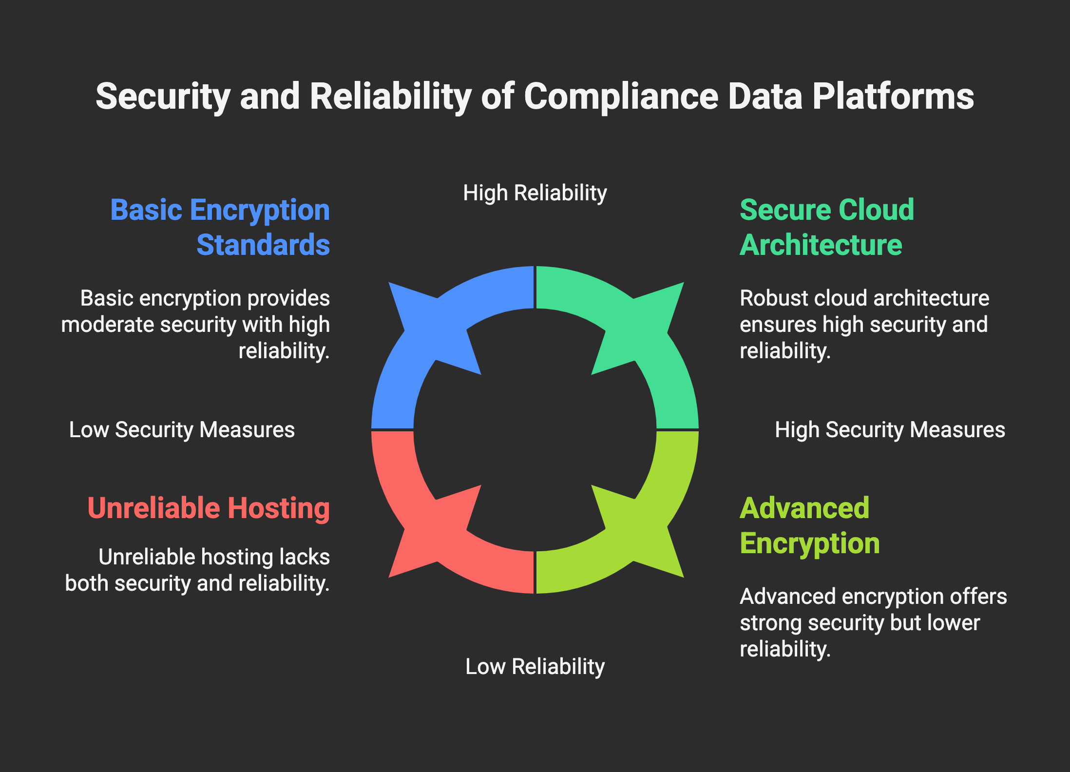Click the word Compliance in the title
click(621, 96)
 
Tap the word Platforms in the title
click(893, 96)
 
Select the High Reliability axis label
click(535, 193)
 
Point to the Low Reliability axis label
click(535, 667)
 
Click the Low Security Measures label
click(182, 430)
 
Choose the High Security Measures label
click(890, 430)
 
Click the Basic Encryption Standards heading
click(220, 227)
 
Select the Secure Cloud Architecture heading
click(826, 227)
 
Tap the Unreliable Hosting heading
click(209, 508)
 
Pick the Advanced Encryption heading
click(809, 526)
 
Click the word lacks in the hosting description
click(305, 557)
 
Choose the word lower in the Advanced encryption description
click(953, 623)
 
